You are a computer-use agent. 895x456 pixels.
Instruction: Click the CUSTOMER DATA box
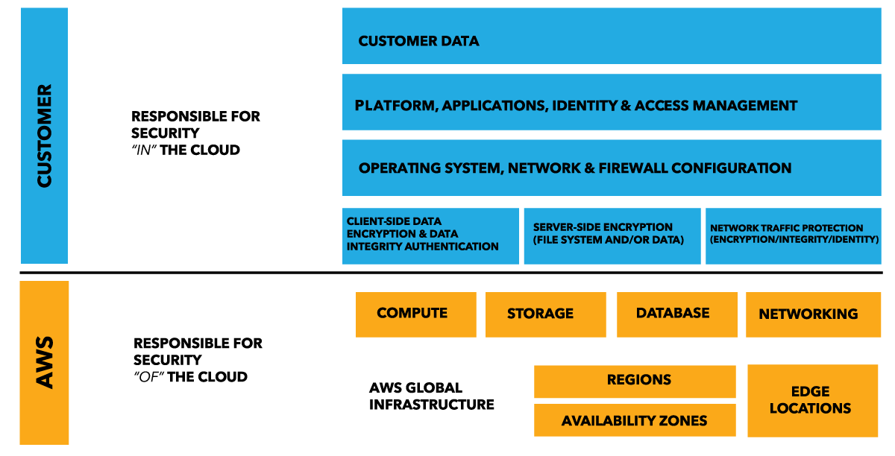pos(612,36)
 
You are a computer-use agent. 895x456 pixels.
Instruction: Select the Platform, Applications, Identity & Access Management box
pos(612,103)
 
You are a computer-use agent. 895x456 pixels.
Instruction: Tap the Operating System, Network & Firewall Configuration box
pos(612,168)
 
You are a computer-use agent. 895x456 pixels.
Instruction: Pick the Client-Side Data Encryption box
pos(430,235)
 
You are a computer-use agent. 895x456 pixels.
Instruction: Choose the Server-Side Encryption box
pos(612,235)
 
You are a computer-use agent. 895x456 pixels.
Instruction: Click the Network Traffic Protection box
pos(794,235)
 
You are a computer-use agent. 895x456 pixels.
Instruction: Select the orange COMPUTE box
pos(415,314)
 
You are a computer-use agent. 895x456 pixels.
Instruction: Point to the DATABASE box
pos(676,314)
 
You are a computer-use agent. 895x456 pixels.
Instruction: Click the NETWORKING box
pos(813,314)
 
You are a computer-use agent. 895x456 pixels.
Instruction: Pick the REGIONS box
pos(635,381)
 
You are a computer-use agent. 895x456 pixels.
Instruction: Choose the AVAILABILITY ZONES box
pos(635,420)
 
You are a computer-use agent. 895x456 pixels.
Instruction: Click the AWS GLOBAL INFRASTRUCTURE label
pos(431,396)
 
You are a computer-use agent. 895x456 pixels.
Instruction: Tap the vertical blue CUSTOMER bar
pos(44,136)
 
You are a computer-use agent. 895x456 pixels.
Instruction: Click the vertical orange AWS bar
pos(44,362)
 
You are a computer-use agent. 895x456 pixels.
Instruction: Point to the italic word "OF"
pos(146,377)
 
